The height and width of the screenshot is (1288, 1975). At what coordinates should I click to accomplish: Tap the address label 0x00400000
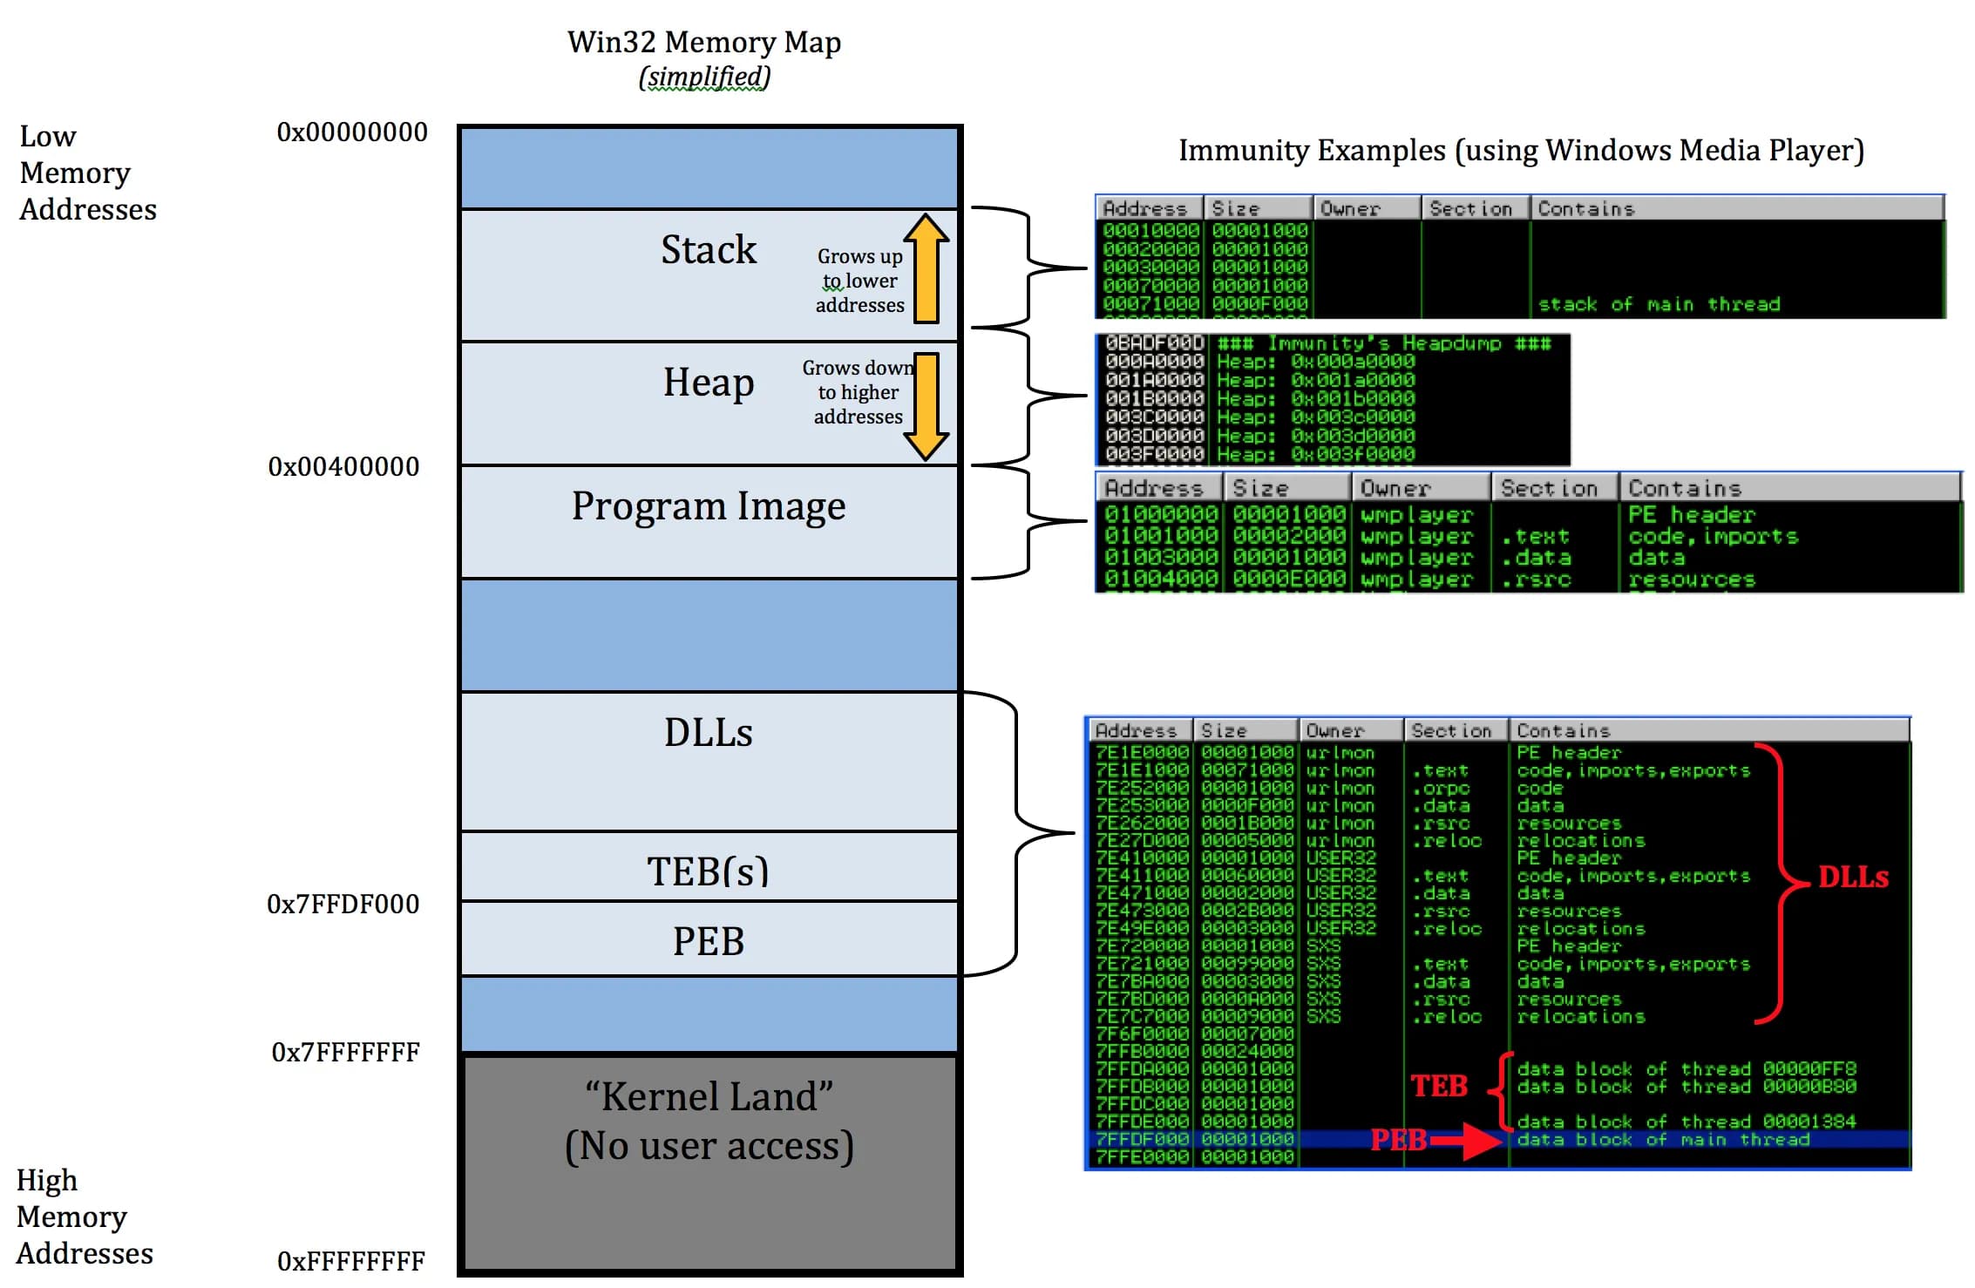point(343,467)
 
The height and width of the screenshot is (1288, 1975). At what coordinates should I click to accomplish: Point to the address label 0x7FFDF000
point(343,905)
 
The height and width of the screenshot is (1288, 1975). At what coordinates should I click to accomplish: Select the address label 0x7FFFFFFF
point(345,1053)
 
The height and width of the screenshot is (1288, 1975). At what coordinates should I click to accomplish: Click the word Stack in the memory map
point(708,250)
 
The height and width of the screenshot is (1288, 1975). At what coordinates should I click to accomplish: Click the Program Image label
point(708,506)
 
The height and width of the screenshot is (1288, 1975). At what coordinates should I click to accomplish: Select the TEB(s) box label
point(708,871)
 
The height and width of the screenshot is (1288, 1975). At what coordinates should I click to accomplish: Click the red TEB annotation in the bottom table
point(1439,1087)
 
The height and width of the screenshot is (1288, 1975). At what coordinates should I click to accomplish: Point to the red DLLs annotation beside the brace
point(1853,878)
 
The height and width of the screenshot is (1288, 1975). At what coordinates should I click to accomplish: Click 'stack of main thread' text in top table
point(1658,305)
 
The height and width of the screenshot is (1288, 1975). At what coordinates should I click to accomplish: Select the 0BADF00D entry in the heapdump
point(1154,343)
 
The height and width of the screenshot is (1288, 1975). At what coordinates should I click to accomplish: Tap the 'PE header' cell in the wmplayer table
point(1690,515)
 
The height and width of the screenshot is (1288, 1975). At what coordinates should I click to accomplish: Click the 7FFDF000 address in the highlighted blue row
point(1141,1140)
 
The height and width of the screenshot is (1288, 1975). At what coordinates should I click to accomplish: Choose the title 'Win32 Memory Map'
point(703,42)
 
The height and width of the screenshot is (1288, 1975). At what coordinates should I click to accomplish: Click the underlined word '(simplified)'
point(704,78)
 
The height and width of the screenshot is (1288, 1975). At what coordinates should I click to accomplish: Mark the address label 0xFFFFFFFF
point(350,1261)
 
